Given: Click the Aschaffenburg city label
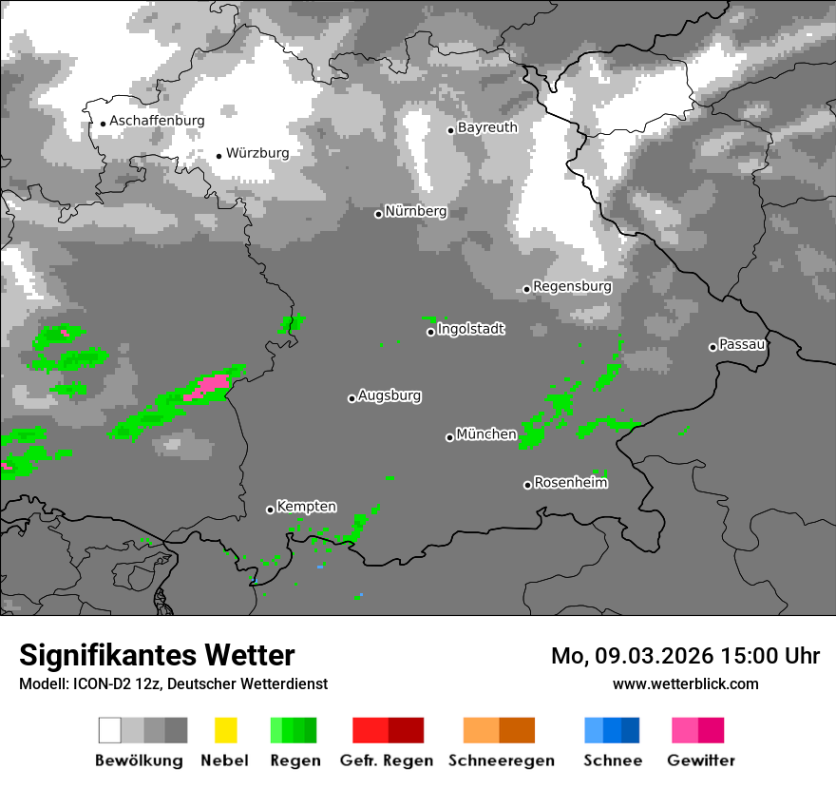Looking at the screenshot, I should [157, 122].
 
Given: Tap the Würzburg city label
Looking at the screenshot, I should [257, 153].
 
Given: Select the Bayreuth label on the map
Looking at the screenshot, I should [487, 127].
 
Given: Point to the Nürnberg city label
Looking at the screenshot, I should [415, 211].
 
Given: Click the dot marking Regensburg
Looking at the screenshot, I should [526, 289].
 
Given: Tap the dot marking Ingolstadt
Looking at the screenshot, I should [430, 332].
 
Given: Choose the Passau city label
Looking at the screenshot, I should [742, 344].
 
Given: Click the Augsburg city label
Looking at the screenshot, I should [389, 395].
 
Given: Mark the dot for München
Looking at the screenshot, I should [449, 437].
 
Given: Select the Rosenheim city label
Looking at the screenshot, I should [571, 483].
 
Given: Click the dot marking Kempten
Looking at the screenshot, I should [270, 510].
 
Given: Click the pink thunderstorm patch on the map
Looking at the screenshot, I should [211, 384].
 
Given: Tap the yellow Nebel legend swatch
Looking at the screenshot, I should [225, 730].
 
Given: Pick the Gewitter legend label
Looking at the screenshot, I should [701, 760].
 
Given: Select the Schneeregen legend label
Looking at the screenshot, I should [502, 760].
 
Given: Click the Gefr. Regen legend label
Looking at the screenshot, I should [387, 760].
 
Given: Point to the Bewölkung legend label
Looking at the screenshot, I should [139, 760].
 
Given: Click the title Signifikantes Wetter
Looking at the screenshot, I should [157, 655].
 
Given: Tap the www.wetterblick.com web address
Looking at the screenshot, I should [686, 683].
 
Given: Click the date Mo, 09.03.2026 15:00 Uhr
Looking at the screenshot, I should [685, 656].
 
